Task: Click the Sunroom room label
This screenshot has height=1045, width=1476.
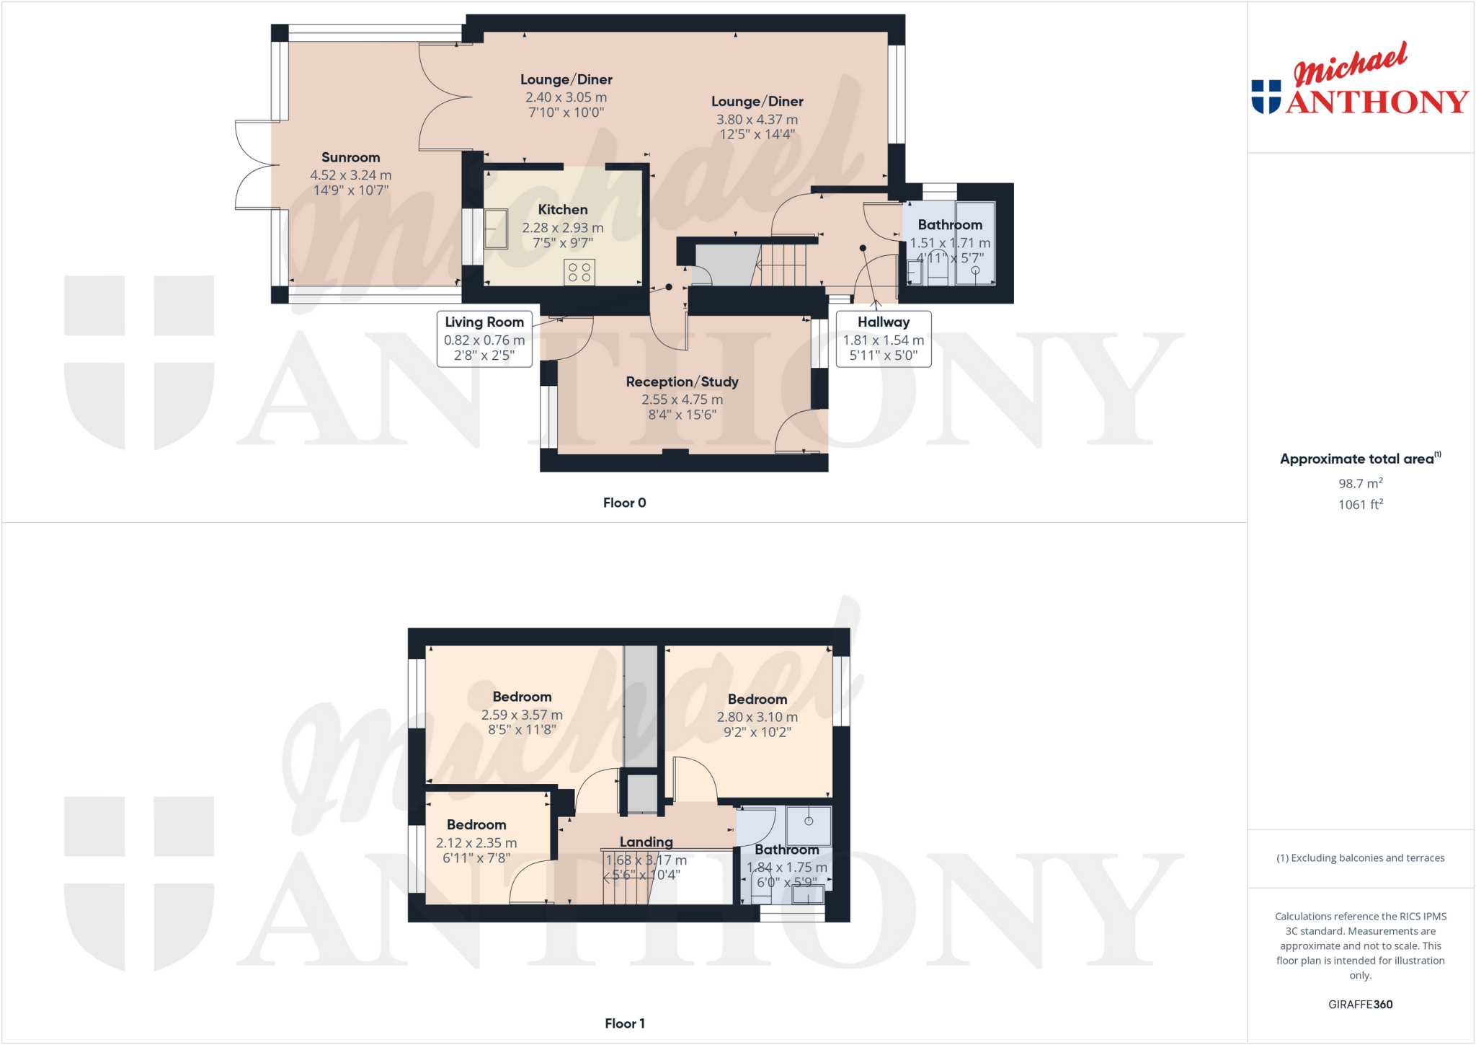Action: coord(350,157)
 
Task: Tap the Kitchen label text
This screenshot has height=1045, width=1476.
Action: coord(563,210)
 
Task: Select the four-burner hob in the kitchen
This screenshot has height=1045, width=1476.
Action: coord(579,272)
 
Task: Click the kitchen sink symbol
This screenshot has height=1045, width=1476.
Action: coord(496,228)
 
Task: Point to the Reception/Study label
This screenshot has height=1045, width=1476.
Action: coord(682,382)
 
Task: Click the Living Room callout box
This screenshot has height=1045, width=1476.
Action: coord(484,339)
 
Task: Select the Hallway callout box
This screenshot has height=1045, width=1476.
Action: coord(884,339)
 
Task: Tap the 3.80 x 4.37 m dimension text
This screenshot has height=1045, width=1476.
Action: coord(757,120)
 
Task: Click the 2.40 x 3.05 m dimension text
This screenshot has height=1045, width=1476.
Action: coord(566,97)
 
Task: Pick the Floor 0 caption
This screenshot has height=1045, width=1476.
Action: coord(624,503)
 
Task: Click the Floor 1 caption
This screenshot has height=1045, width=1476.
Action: coord(624,1023)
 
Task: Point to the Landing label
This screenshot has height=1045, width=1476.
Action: coord(646,842)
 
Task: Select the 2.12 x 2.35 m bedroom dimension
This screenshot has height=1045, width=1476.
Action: coord(476,843)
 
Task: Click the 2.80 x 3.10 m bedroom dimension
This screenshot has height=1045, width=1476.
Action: coord(757,717)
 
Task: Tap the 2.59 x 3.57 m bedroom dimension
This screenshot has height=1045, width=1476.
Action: coord(522,715)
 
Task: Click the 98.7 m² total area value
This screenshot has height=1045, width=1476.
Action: coord(1360,483)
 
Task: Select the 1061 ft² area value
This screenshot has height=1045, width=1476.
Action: coord(1360,504)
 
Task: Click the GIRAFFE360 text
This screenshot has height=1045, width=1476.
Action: coord(1360,1004)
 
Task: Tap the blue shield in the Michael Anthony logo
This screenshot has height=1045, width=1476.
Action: coord(1266,96)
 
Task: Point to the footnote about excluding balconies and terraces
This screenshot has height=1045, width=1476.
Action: coord(1360,858)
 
